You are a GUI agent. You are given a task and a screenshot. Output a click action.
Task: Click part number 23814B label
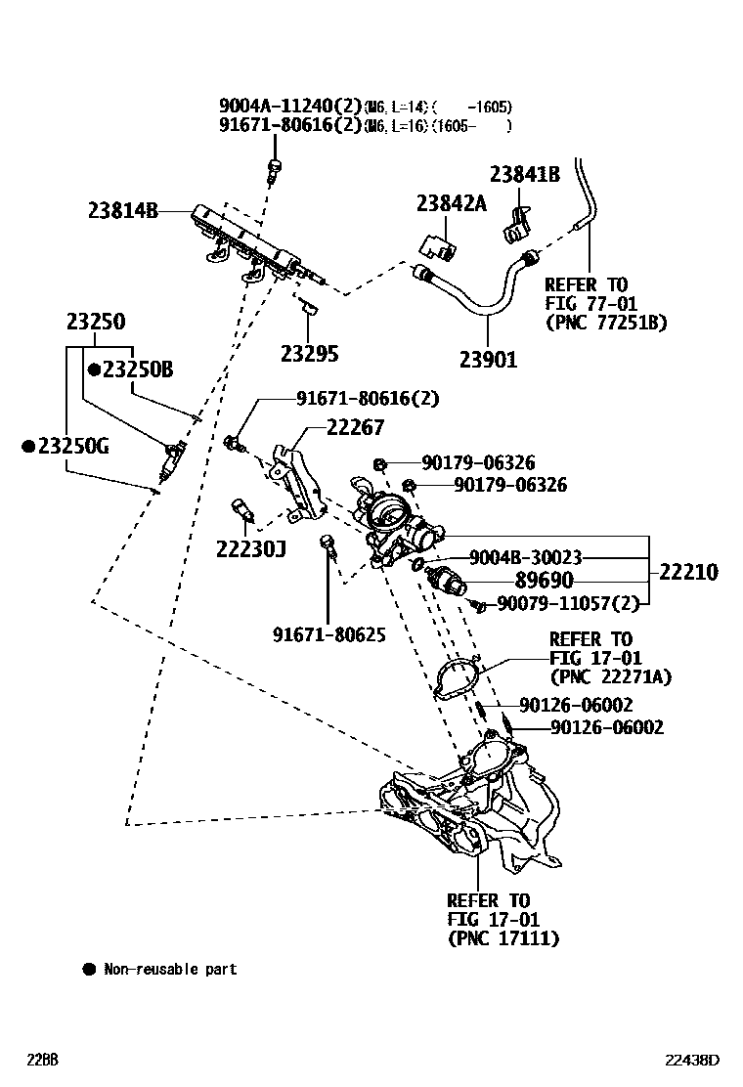tap(122, 210)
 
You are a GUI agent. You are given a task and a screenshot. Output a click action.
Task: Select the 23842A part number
tap(451, 203)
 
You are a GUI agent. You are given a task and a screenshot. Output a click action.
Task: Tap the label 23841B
tap(524, 175)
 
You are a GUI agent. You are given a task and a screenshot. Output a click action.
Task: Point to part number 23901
tap(488, 360)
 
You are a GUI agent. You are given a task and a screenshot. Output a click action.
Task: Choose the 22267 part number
tap(355, 427)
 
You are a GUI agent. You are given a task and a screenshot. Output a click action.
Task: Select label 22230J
tap(251, 548)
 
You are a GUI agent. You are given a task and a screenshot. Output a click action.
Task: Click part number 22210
tap(688, 572)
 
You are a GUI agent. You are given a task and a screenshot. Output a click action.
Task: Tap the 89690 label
tap(544, 580)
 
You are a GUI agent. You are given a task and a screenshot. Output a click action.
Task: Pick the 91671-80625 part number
tap(329, 635)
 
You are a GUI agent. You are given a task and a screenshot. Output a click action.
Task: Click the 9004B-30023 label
tap(525, 557)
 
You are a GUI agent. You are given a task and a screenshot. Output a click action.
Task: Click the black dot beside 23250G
tap(29, 446)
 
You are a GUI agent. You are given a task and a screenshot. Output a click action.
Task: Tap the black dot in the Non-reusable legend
tap(89, 970)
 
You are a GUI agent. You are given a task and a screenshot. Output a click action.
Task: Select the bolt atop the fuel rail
tap(276, 167)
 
